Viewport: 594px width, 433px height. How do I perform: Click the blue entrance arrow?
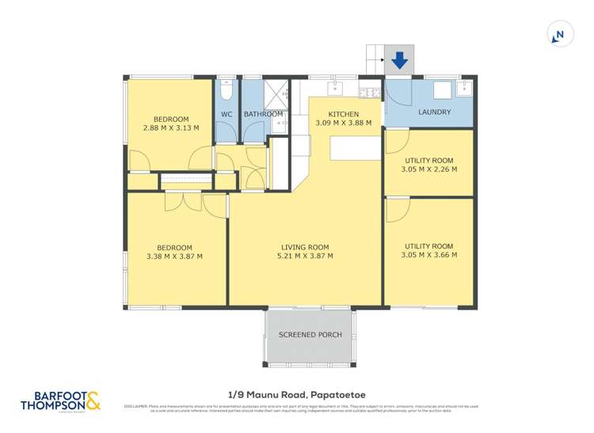click(399, 59)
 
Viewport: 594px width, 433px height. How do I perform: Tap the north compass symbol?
click(558, 34)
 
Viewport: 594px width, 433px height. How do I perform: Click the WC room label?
click(227, 114)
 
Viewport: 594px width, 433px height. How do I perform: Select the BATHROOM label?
click(264, 114)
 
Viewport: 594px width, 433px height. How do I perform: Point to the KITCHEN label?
click(338, 114)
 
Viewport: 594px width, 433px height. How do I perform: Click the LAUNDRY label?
click(434, 112)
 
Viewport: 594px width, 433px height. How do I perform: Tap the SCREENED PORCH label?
click(310, 335)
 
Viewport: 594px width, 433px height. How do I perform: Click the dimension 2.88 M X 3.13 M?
click(171, 128)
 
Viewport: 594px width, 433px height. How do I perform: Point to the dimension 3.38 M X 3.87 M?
click(174, 256)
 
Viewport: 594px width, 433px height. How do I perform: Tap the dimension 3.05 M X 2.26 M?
click(428, 169)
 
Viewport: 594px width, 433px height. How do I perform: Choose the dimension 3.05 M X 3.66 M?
click(428, 256)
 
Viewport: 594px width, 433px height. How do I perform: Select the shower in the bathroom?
click(274, 94)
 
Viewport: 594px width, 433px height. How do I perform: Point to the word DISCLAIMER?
click(136, 407)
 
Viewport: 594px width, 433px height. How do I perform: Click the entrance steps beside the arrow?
click(375, 59)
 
